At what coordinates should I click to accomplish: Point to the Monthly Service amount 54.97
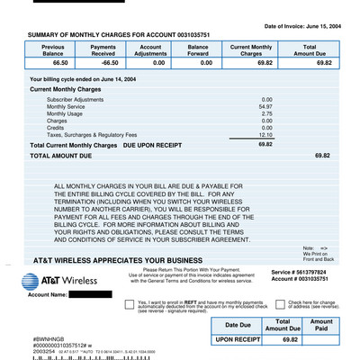265,106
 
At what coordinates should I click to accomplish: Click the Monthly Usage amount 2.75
267,113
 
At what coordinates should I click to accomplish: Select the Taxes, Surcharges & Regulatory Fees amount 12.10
265,134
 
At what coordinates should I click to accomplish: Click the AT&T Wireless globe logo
26,282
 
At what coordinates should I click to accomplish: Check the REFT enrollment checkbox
130,305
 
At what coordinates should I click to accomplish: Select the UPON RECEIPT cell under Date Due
238,340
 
